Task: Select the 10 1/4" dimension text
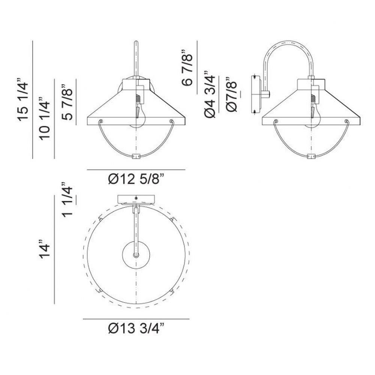click(45, 118)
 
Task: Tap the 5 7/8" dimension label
click(67, 102)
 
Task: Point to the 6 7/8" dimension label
click(187, 67)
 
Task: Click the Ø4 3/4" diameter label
click(210, 94)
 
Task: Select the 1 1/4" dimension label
click(67, 200)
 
